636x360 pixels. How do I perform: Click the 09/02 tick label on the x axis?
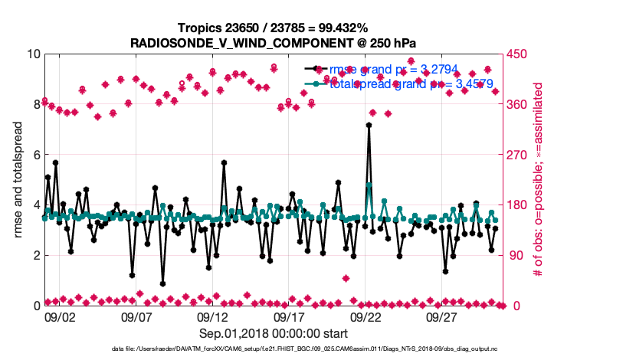click(60, 316)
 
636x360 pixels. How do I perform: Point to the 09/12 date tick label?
click(213, 316)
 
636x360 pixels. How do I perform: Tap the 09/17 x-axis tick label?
click(290, 316)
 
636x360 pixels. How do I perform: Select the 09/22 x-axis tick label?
click(366, 316)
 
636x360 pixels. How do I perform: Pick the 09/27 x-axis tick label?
click(443, 316)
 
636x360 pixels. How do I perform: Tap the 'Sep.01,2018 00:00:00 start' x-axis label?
click(274, 333)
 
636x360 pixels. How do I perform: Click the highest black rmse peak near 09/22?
click(369, 125)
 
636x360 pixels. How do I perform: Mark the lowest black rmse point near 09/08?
click(162, 283)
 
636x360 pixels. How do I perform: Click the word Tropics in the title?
click(196, 28)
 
